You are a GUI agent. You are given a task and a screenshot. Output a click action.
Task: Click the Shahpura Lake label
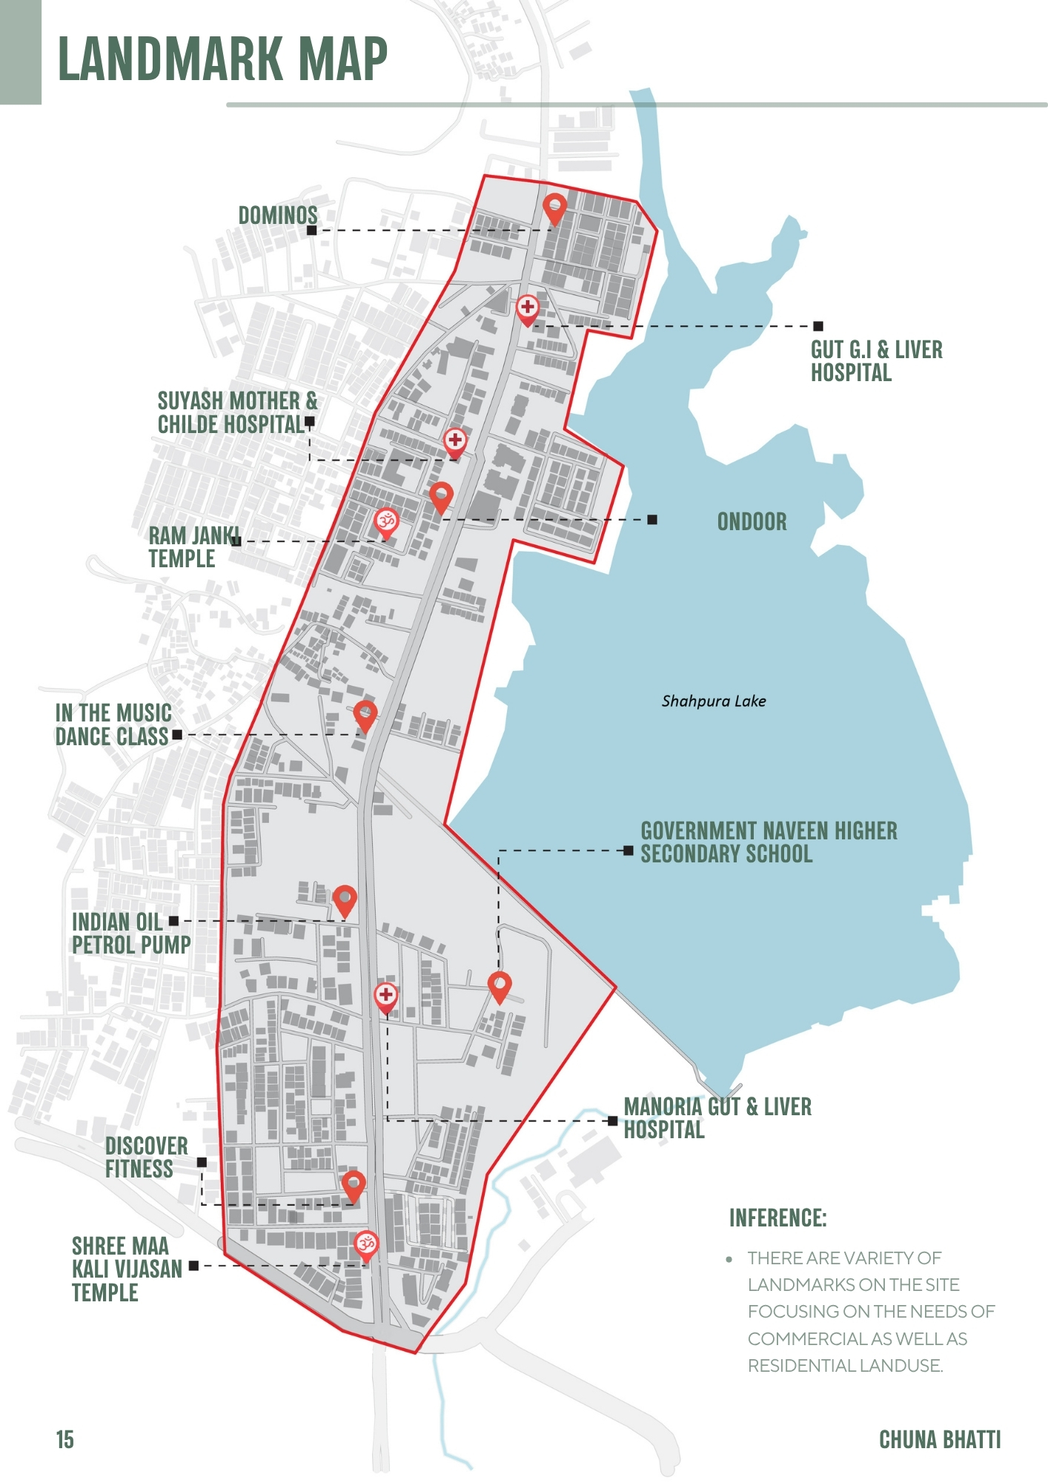713,701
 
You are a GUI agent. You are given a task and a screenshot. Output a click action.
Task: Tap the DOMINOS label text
278,216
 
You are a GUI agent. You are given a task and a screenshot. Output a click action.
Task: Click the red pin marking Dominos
554,208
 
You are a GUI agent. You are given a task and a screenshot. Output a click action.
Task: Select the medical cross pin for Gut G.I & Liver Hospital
527,308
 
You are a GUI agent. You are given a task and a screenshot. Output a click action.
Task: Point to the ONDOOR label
752,522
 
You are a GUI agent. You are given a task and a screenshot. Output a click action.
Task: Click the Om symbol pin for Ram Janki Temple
385,522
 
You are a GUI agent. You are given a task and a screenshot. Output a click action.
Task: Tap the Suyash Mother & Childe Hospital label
236,412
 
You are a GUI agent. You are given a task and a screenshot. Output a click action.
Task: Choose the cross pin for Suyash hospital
455,441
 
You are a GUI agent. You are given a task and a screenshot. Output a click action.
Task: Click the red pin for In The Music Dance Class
365,716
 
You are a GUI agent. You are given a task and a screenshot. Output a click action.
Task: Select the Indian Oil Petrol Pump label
130,934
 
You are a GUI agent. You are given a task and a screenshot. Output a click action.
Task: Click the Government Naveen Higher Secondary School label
768,842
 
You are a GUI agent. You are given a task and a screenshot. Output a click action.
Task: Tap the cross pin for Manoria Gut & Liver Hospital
385,997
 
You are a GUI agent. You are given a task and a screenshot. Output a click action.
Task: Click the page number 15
64,1439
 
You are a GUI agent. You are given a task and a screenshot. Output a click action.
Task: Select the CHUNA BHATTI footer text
939,1439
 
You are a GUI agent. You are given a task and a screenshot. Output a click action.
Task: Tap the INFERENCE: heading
777,1218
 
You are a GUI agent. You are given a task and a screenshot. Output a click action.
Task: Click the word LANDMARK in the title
170,59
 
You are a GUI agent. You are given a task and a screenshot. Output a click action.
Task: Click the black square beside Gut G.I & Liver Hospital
817,326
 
